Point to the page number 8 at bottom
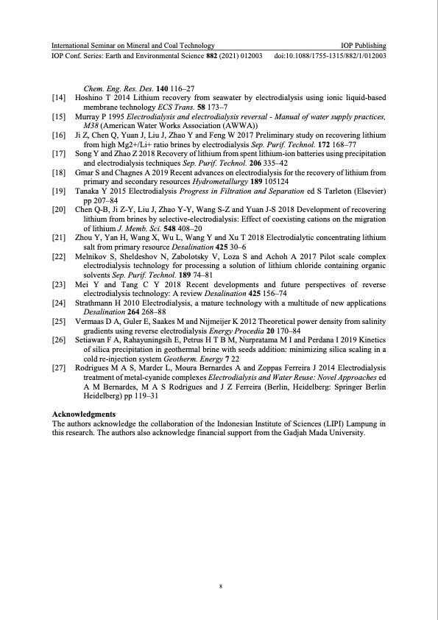pyautogui.click(x=219, y=587)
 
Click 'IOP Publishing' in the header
pyautogui.click(x=364, y=46)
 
